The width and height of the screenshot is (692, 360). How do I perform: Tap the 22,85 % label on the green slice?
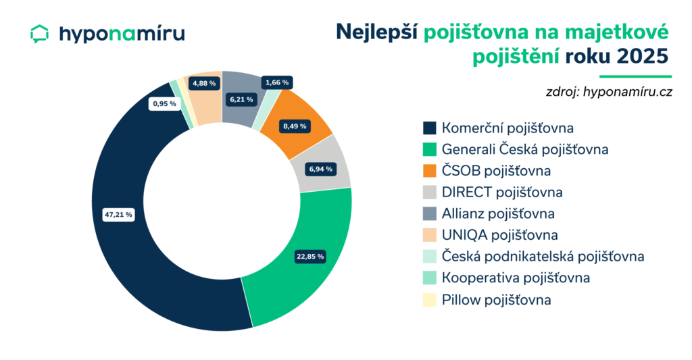pyautogui.click(x=310, y=256)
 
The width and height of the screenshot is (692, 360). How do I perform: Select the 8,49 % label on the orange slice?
pyautogui.click(x=295, y=126)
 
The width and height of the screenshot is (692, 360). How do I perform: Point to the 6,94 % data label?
pyautogui.click(x=318, y=167)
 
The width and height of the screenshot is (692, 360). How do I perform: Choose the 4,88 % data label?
pyautogui.click(x=203, y=83)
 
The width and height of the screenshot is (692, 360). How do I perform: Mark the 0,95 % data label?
pyautogui.click(x=164, y=104)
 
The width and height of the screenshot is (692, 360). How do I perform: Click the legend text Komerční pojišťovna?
pyautogui.click(x=499, y=128)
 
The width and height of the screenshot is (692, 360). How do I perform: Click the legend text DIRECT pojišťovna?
pyautogui.click(x=502, y=192)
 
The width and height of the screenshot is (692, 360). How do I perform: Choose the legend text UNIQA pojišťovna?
pyautogui.click(x=499, y=236)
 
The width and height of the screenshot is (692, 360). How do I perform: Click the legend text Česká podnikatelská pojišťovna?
pyautogui.click(x=543, y=257)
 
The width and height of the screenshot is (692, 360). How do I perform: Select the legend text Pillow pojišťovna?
pyautogui.click(x=496, y=300)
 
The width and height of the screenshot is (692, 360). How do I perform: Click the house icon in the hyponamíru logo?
pyautogui.click(x=41, y=34)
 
